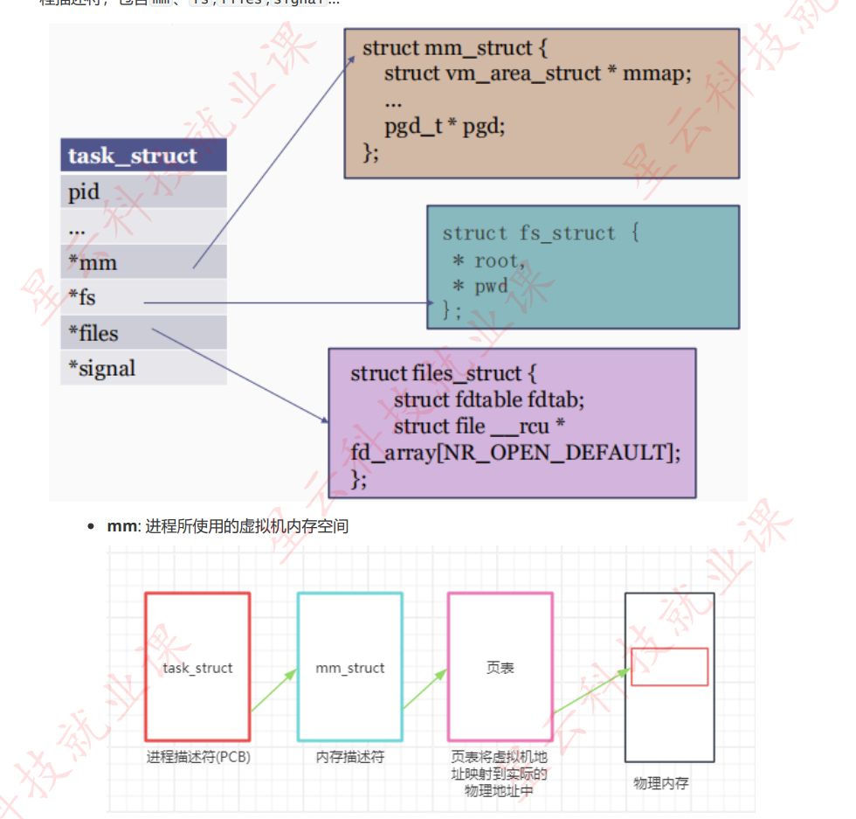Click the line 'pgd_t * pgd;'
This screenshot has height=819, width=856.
pyautogui.click(x=445, y=126)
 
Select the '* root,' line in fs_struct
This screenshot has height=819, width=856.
pyautogui.click(x=489, y=261)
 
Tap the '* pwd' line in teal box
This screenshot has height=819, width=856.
pyautogui.click(x=480, y=287)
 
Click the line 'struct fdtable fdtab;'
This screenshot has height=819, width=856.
pyautogui.click(x=488, y=399)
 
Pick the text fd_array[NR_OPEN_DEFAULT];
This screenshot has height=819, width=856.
pyautogui.click(x=514, y=453)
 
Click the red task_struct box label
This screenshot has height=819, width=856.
pyautogui.click(x=197, y=668)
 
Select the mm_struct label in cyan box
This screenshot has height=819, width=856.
pyautogui.click(x=349, y=668)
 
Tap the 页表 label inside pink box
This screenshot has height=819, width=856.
pyautogui.click(x=500, y=668)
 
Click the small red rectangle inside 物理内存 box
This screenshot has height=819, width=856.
pyautogui.click(x=669, y=667)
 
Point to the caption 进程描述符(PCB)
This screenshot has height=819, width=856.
pyautogui.click(x=198, y=757)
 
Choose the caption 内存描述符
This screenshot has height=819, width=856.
pyautogui.click(x=349, y=757)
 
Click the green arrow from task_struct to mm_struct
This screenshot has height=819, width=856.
pyautogui.click(x=273, y=691)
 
